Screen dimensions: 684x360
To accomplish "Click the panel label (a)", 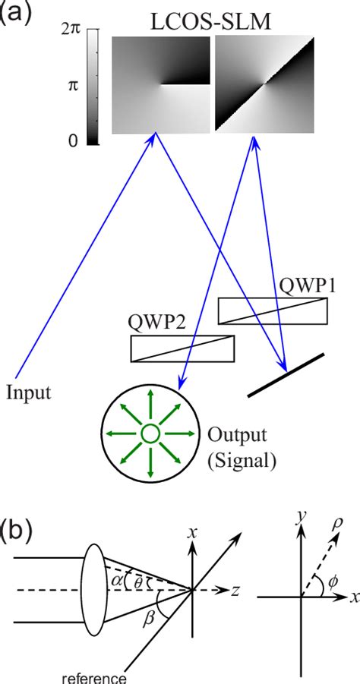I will click(16, 13).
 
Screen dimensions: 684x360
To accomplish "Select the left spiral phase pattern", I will click(160, 87).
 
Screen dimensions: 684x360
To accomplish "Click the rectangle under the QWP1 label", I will click(273, 310).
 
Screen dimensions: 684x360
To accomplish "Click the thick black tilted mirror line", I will click(286, 374).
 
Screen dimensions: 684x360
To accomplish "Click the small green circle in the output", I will click(150, 433).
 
